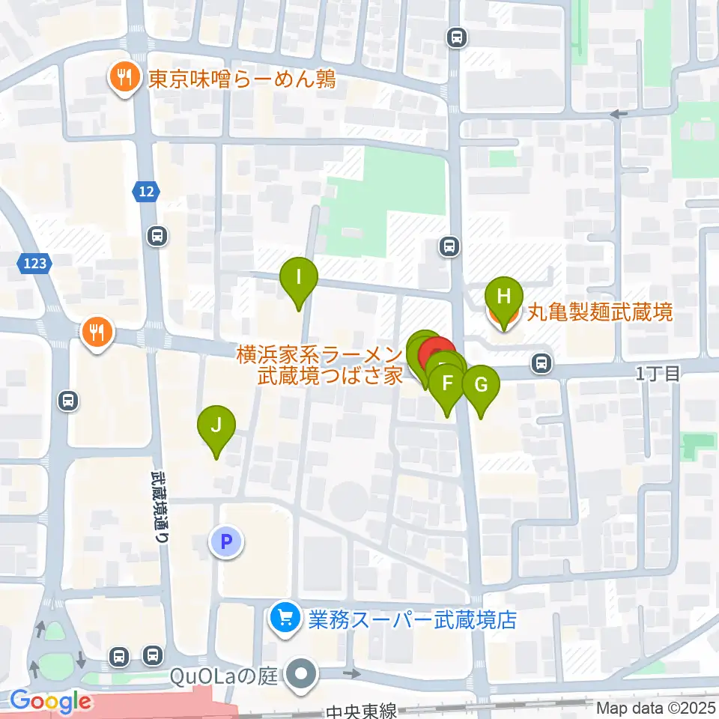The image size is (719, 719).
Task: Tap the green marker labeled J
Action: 216,427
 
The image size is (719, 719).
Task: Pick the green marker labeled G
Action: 481,386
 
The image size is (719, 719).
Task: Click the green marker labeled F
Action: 448,385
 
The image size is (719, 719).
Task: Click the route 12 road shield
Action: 147,192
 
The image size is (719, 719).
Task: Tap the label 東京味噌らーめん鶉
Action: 241,79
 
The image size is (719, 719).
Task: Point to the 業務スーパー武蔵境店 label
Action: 413,620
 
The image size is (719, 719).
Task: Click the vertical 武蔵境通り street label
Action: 162,506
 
